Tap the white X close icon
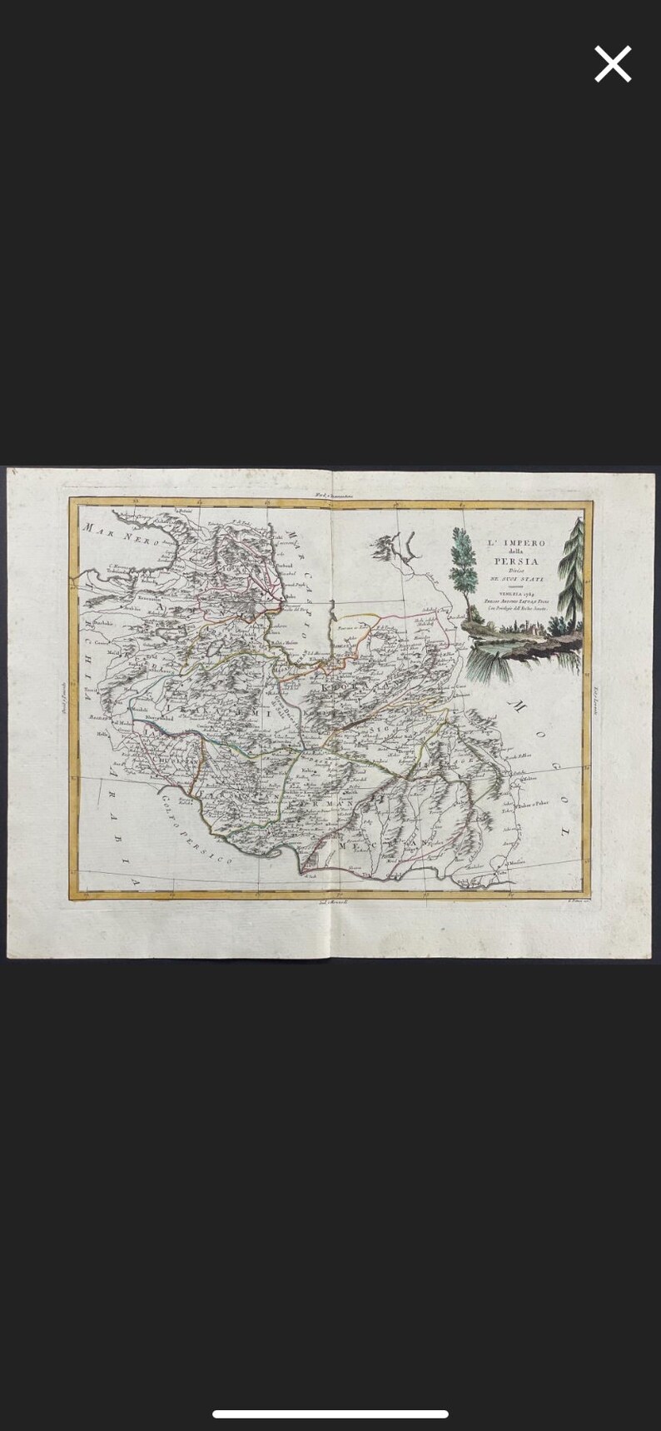[613, 64]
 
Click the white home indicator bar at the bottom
[330, 1414]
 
